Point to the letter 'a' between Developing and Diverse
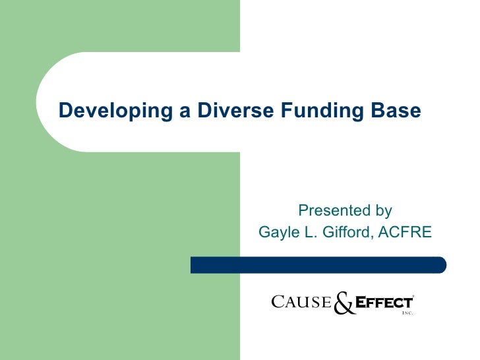(168, 111)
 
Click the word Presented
(334, 211)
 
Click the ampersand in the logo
(344, 304)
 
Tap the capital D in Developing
(65, 110)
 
